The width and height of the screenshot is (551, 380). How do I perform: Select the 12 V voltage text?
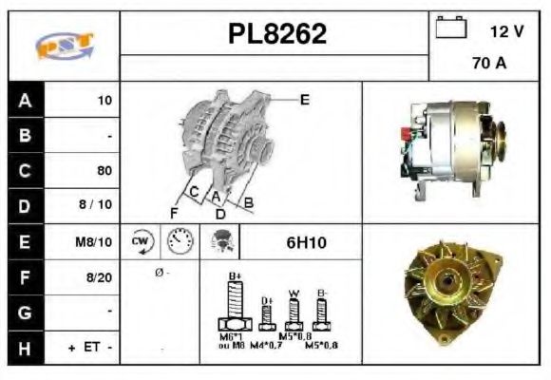[506, 31]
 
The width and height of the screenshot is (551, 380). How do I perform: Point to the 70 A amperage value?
[487, 66]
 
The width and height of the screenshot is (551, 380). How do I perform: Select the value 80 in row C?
[104, 171]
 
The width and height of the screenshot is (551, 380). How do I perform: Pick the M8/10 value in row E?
[95, 242]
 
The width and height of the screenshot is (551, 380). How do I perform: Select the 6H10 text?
[306, 242]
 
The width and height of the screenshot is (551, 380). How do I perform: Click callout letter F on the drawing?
[174, 211]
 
